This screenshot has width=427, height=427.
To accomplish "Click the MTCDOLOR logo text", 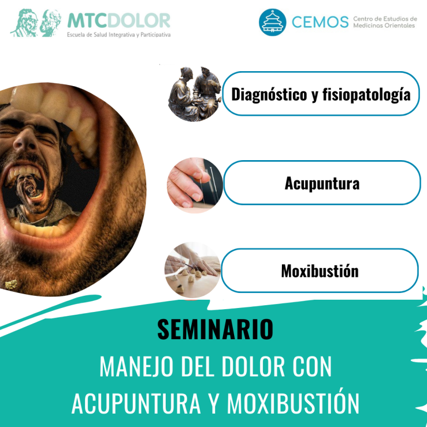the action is tap(119, 21).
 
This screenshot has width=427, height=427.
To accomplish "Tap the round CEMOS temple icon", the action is tap(272, 22).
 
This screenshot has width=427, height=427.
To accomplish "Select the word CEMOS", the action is tap(320, 22).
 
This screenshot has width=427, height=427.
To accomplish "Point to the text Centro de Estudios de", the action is tap(385, 19).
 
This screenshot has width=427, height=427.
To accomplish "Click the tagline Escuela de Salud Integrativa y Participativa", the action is tap(119, 35).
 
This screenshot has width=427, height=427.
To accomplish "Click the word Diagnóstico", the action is tap(269, 95).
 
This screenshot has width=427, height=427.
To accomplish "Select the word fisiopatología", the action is tap(366, 95).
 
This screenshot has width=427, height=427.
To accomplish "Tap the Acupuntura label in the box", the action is tap(322, 183).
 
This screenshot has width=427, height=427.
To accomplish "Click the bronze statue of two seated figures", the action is tap(195, 94).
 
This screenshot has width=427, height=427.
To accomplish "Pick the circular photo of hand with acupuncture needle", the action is tap(195, 185).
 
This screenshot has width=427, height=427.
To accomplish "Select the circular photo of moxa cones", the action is tap(192, 270).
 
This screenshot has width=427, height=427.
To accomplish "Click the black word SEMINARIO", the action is tap(215, 330).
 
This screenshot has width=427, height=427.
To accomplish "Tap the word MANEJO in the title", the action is tap(136, 366).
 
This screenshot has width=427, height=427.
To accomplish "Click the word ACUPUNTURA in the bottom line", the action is tap(136, 403).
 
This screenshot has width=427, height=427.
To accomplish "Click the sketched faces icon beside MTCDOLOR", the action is tap(36, 23).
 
